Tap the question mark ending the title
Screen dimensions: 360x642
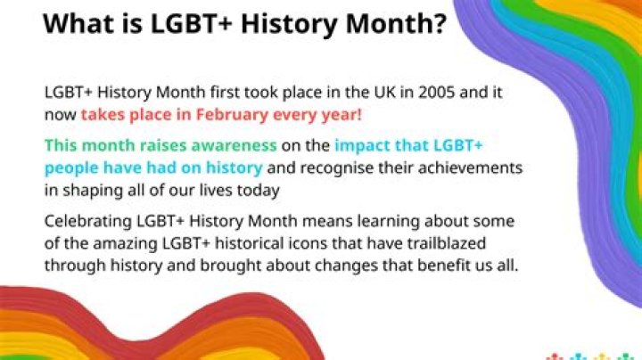click(x=438, y=24)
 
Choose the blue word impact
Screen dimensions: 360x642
click(x=364, y=145)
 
